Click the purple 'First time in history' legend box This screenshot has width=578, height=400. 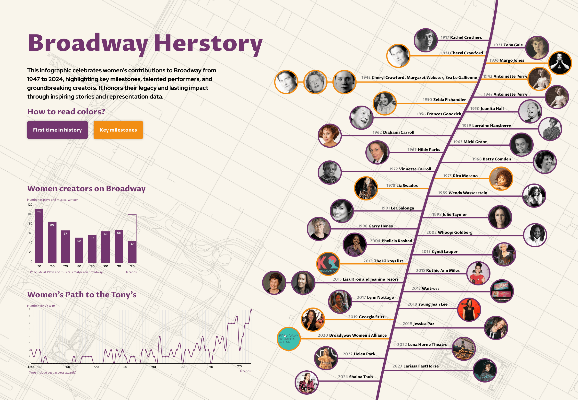coord(57,130)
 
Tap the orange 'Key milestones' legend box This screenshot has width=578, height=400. coord(118,130)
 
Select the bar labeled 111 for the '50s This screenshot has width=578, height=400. coord(39,236)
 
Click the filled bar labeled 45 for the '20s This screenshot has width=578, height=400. coord(132,252)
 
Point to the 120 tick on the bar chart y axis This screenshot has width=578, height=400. coord(30,205)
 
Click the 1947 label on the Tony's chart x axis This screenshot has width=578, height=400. coord(31,367)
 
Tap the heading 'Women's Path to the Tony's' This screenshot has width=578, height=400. coord(82,295)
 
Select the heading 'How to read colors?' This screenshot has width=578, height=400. coord(66,111)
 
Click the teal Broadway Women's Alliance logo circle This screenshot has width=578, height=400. coord(289,339)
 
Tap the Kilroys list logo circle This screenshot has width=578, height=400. coord(328,264)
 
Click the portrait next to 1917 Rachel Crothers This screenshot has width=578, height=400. coord(425,40)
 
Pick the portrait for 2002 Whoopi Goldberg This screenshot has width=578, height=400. coord(535,235)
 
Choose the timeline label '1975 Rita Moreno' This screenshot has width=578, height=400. coord(460,176)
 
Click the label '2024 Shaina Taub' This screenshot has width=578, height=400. coord(355,377)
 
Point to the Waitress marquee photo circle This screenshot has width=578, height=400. coord(502,291)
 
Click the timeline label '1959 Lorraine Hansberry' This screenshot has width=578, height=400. coord(486,125)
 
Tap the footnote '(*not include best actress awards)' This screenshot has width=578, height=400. coord(52,373)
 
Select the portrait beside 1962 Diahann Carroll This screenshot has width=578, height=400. coord(330,136)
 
